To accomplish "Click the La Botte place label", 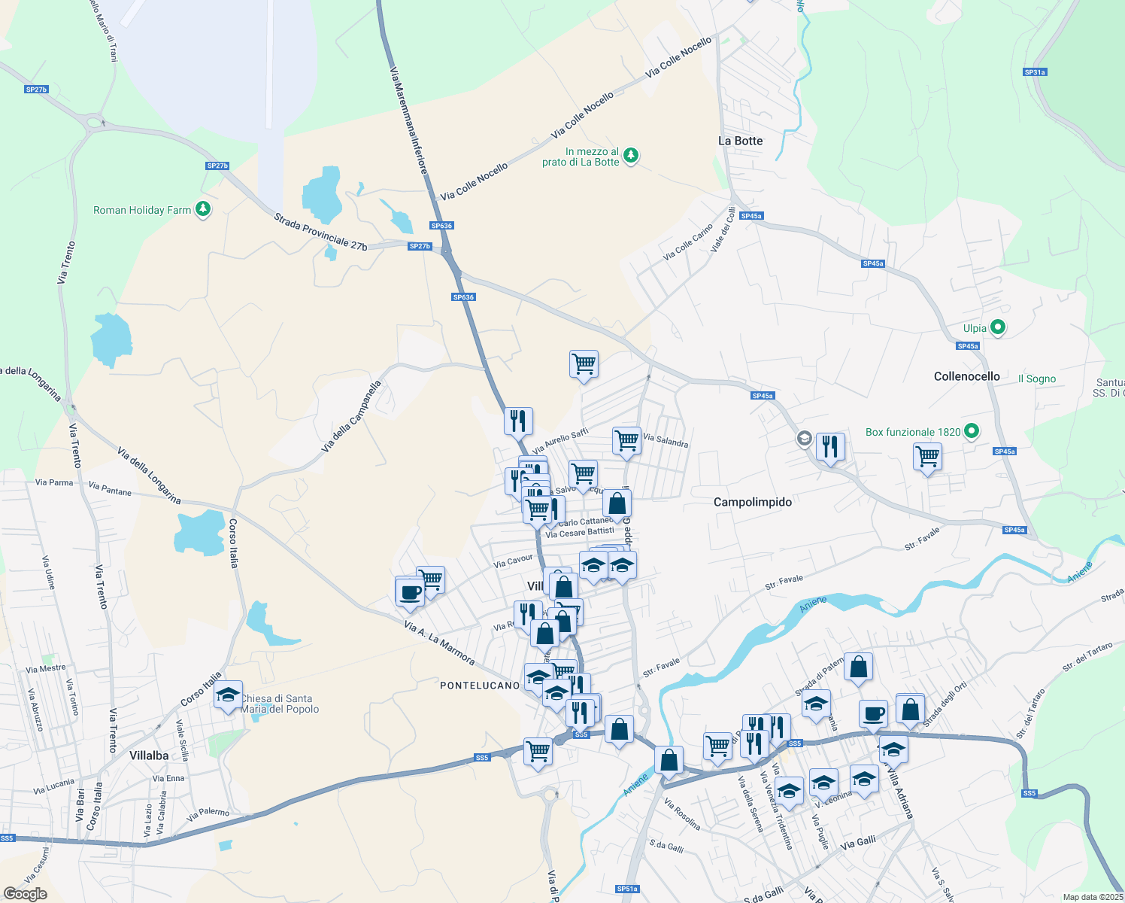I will [740, 141].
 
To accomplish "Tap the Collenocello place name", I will [966, 376].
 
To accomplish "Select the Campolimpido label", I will [752, 502].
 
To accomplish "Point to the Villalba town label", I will [149, 756].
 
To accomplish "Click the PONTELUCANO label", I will [479, 686].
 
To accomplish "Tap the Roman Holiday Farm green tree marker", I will [203, 209].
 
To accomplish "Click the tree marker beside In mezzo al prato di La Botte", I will [631, 156].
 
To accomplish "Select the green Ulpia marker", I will [997, 327].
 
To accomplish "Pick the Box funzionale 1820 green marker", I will [972, 431].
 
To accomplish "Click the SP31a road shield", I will [1035, 72].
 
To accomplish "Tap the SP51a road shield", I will [627, 889].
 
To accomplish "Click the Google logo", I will [25, 894].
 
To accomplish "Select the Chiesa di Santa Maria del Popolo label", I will [280, 704].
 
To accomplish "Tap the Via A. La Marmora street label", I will [439, 643].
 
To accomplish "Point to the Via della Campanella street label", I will [351, 416].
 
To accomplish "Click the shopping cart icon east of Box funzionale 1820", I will [927, 457].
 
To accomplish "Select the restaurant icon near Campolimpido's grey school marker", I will [829, 447].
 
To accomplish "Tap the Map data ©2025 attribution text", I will [1093, 897].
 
